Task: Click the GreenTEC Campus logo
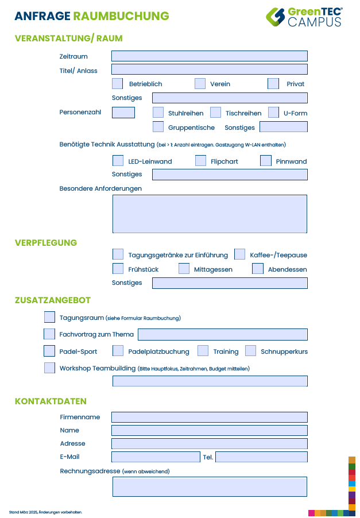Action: (x=304, y=17)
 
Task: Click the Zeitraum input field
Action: (x=209, y=56)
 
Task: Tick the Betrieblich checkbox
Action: (x=118, y=84)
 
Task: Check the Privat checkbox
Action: (x=273, y=84)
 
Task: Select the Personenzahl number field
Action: (x=123, y=113)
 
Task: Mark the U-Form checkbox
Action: (x=273, y=113)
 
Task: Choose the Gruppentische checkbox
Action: (x=158, y=127)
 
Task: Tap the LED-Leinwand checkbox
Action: (x=118, y=161)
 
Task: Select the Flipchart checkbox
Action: (x=200, y=161)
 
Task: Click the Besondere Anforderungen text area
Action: (x=210, y=214)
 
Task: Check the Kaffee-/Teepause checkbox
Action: (x=240, y=254)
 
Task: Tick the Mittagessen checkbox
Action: (x=184, y=269)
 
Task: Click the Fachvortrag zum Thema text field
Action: (x=222, y=334)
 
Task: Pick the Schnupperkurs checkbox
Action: (x=250, y=351)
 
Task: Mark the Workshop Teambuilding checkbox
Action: (x=50, y=368)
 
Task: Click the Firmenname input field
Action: (x=209, y=417)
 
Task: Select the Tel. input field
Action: (x=261, y=457)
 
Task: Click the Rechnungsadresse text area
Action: (x=210, y=486)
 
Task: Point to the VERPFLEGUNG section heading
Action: (x=46, y=243)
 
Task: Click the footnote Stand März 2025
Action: (x=46, y=512)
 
